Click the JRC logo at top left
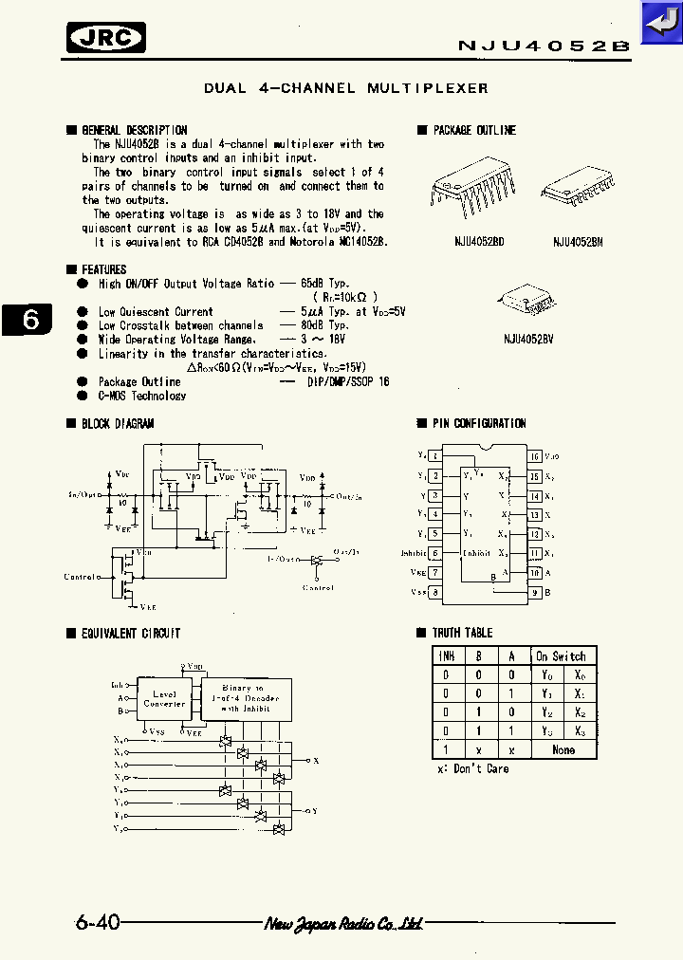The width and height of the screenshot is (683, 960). click(106, 37)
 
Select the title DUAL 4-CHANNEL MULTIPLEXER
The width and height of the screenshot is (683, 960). click(346, 88)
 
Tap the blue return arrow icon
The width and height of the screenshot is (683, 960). click(660, 22)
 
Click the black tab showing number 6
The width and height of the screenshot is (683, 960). click(30, 320)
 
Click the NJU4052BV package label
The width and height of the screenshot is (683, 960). click(528, 337)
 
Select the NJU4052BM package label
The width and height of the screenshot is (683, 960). click(578, 242)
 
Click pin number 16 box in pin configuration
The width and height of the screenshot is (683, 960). click(535, 457)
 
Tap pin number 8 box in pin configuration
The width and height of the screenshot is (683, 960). click(434, 593)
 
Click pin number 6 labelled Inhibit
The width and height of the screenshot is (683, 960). click(434, 553)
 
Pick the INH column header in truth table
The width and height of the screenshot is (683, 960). click(446, 656)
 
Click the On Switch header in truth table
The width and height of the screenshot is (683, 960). click(561, 656)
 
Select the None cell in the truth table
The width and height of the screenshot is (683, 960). click(563, 749)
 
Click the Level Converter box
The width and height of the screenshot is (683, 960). click(164, 699)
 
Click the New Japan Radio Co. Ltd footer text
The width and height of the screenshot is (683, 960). click(343, 923)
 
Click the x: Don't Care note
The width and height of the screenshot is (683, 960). click(472, 768)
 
